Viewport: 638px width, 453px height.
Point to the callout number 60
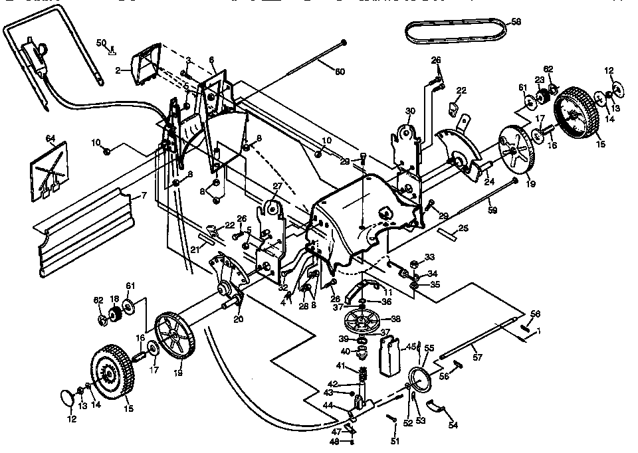pos(340,71)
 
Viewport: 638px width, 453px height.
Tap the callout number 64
pos(51,138)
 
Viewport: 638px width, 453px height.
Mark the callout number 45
pos(411,346)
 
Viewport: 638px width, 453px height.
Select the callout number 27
pos(278,187)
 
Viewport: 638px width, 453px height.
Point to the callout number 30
pos(410,111)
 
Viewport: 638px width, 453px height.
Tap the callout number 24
pos(488,180)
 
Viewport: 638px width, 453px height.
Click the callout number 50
pos(101,43)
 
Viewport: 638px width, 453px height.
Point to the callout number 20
pos(239,319)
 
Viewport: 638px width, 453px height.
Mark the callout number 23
pos(540,79)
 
